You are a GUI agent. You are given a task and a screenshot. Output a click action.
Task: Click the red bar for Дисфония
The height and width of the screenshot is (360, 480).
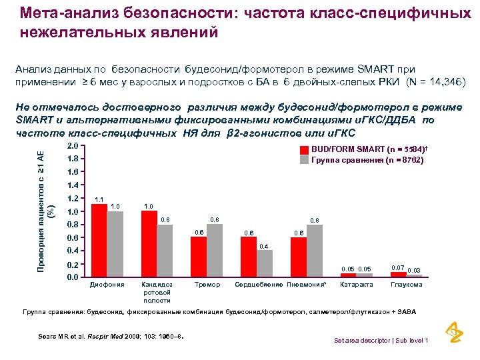click(x=99, y=240)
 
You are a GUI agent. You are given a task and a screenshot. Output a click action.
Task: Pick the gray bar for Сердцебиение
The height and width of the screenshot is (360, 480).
click(x=265, y=263)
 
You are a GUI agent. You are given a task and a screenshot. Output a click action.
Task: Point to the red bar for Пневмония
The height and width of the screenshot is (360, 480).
click(x=298, y=257)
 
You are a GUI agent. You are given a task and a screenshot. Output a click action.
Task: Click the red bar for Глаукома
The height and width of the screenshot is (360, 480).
click(x=398, y=274)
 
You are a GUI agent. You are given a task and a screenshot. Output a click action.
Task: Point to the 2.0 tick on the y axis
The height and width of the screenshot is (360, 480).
click(x=73, y=146)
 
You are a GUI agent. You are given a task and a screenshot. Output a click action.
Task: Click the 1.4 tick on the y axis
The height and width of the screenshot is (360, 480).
click(x=73, y=185)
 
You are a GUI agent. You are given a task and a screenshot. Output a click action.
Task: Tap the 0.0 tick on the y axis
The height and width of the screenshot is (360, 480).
click(x=73, y=277)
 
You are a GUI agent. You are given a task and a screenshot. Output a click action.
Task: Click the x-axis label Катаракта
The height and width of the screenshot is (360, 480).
click(x=356, y=285)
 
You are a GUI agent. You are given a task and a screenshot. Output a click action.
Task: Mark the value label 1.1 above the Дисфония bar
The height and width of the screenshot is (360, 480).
click(x=99, y=199)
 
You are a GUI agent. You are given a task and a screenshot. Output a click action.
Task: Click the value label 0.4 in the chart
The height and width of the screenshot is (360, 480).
click(x=264, y=246)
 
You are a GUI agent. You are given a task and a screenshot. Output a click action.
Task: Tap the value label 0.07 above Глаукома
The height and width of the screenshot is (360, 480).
click(x=398, y=267)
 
